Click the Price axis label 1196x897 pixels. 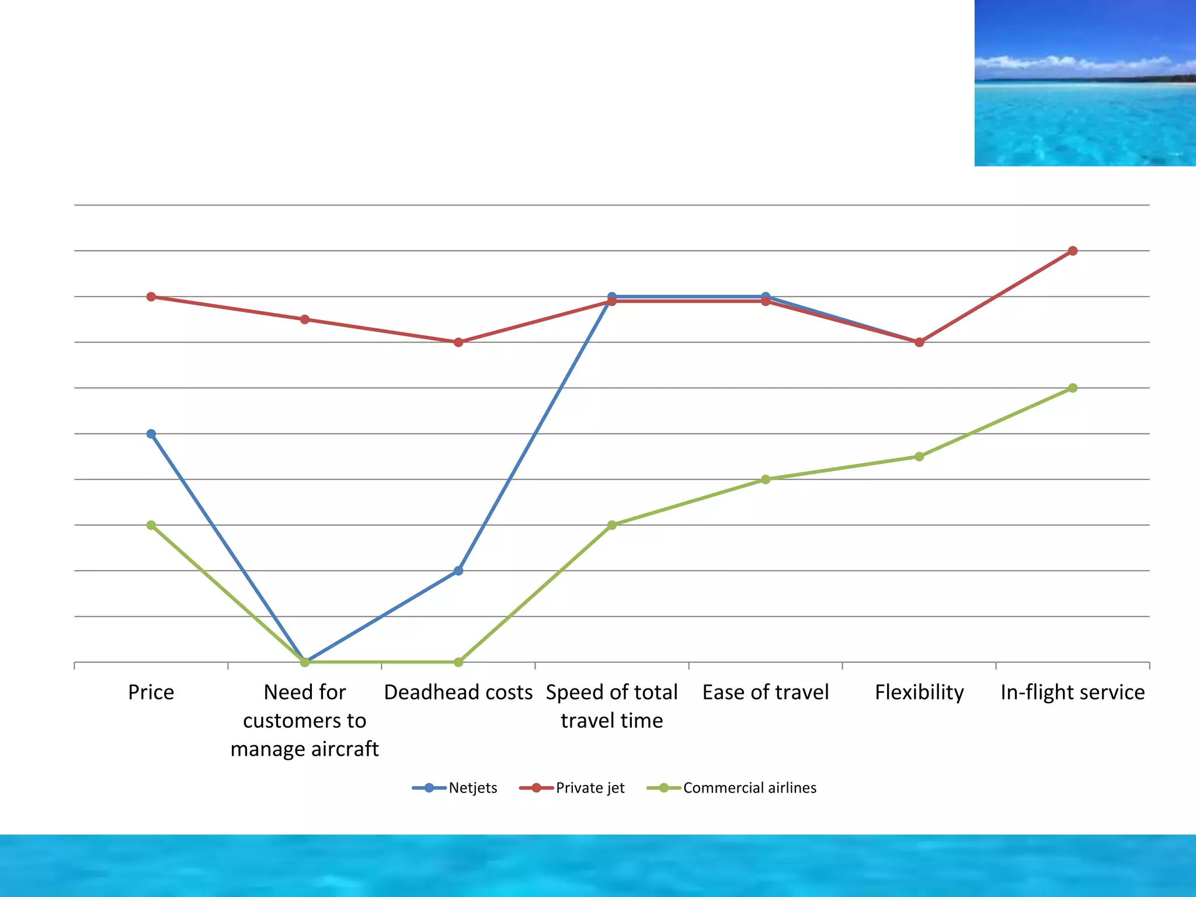click(x=151, y=692)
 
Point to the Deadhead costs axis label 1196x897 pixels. click(x=458, y=692)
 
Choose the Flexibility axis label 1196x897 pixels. click(x=919, y=692)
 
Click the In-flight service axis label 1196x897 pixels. click(x=1073, y=692)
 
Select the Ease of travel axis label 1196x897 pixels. click(x=766, y=692)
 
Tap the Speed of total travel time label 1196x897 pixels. click(x=612, y=706)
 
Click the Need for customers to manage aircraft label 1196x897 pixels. click(x=305, y=720)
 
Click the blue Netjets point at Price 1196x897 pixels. click(x=151, y=434)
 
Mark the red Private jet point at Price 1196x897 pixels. click(x=151, y=297)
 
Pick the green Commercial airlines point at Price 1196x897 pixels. click(x=151, y=525)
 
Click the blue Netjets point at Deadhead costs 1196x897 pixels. click(x=458, y=571)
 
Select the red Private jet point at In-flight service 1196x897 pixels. click(x=1073, y=251)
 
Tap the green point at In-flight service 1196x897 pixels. click(x=1073, y=388)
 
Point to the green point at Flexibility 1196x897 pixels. click(x=919, y=457)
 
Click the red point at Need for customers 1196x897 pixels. click(x=305, y=319)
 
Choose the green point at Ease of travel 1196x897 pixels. click(x=766, y=479)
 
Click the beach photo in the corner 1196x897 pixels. click(x=1085, y=83)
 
